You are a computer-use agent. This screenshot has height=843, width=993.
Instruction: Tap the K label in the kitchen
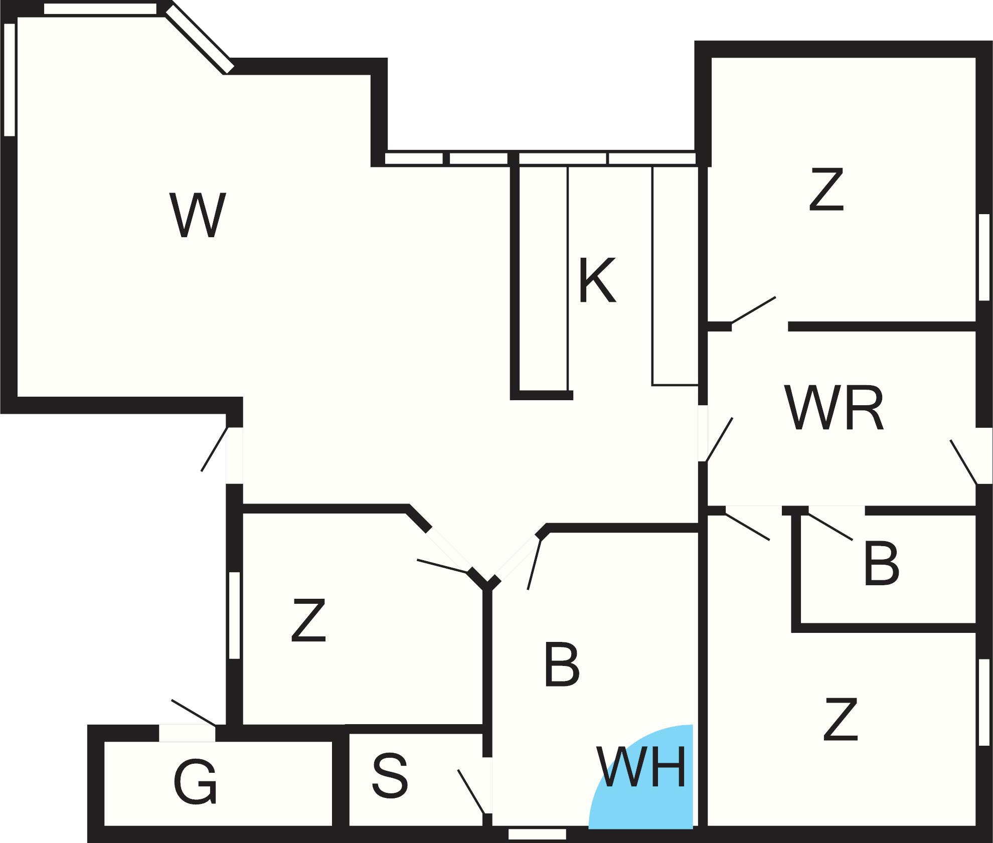coord(596,280)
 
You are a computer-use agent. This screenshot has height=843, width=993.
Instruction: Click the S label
coord(390,776)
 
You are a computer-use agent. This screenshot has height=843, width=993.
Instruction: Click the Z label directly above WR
coord(826,191)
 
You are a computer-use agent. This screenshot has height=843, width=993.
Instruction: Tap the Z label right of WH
coord(841,721)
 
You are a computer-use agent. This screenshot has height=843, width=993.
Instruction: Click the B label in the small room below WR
coord(881,565)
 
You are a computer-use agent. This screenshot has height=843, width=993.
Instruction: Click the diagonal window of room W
coord(200,39)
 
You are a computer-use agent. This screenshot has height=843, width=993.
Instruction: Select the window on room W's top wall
coord(100,9)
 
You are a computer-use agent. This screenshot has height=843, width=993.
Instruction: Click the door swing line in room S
coord(471,791)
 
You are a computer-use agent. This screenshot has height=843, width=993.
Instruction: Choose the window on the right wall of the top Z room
coord(984,257)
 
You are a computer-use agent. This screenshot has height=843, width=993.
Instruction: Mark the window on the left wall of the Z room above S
coord(234,615)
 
